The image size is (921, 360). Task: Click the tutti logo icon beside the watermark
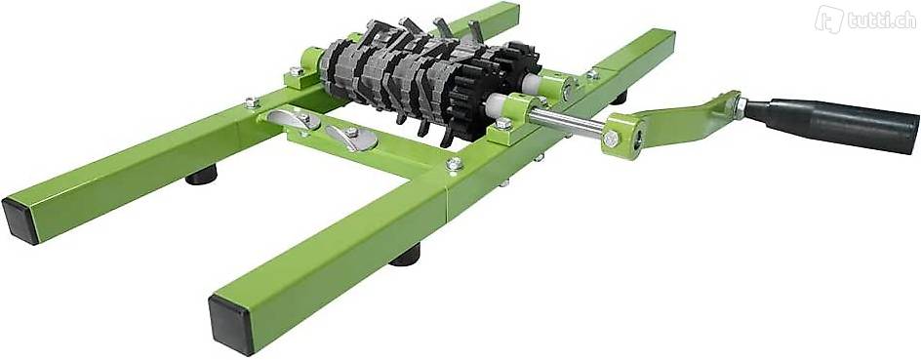tap(827, 20)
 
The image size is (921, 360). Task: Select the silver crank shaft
tap(566, 122)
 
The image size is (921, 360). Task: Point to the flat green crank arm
tap(684, 118)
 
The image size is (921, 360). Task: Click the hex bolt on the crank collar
tap(611, 140)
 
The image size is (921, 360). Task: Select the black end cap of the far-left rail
tap(20, 220)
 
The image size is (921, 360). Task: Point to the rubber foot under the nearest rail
tap(405, 256)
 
